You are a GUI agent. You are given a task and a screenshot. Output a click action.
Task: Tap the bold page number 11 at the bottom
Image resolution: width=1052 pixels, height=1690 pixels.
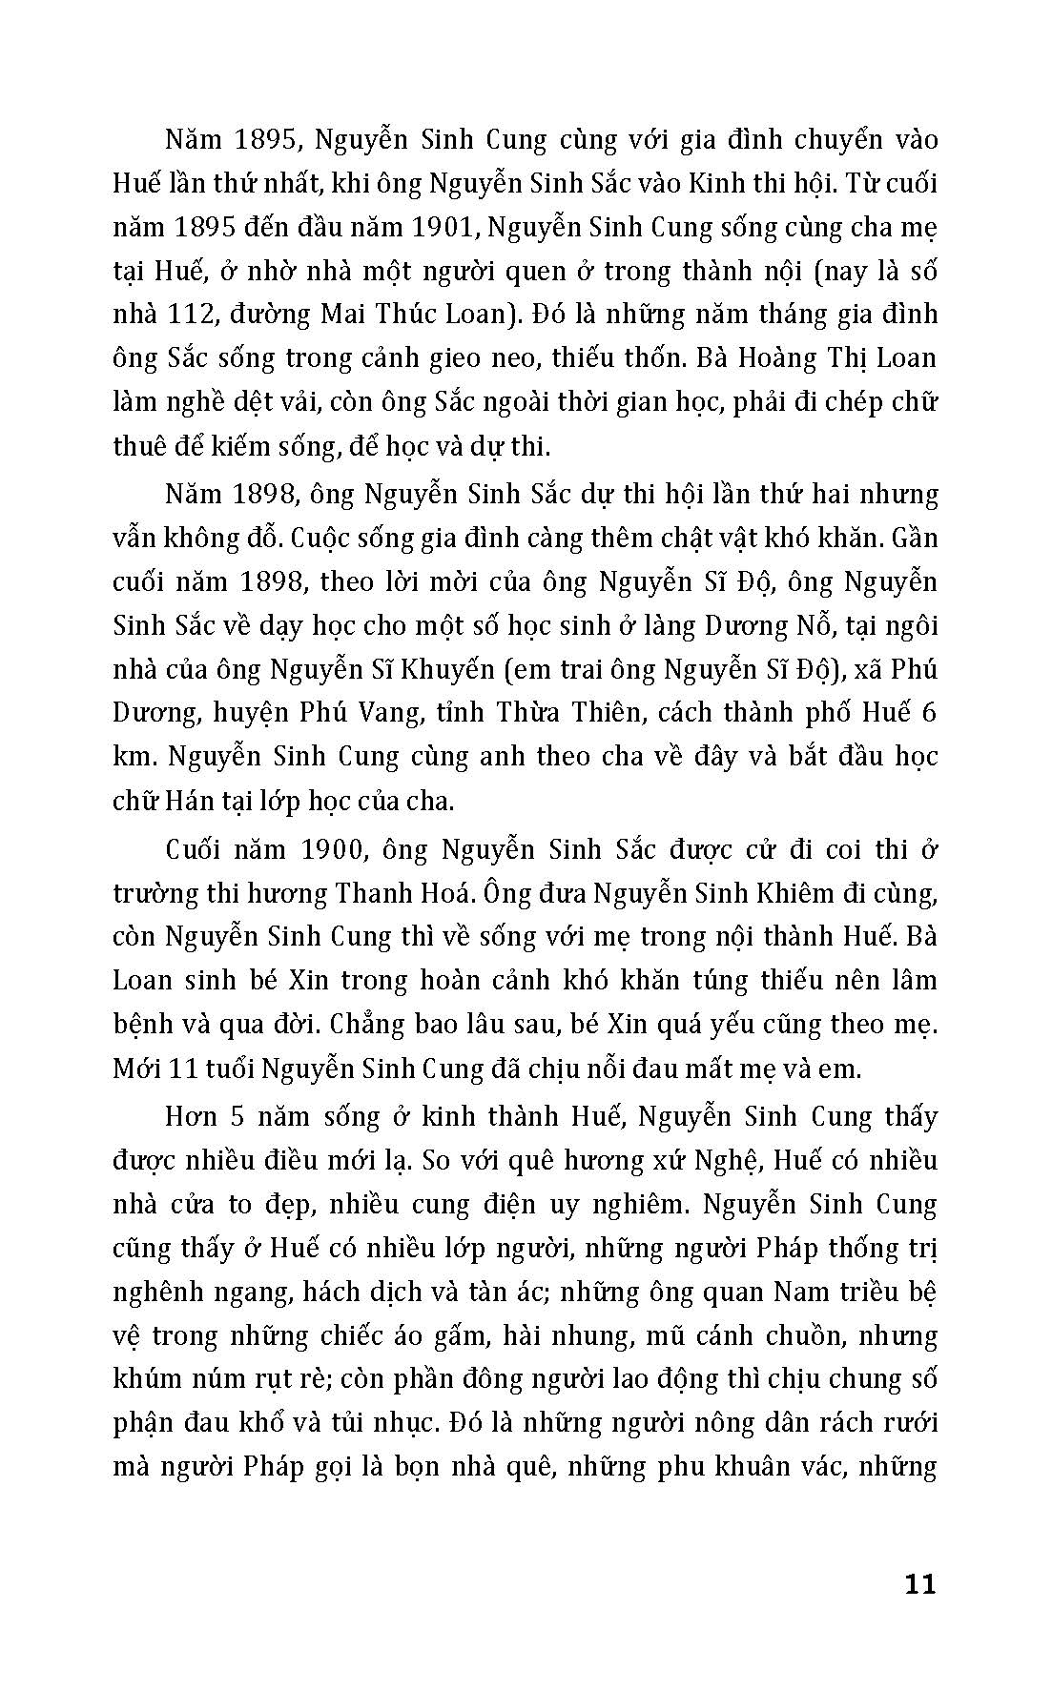click(918, 1584)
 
